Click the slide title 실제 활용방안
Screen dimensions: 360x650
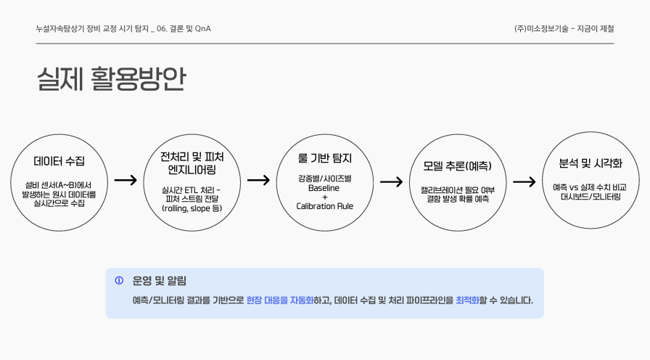pyautogui.click(x=111, y=80)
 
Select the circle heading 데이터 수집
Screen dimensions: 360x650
pyautogui.click(x=59, y=161)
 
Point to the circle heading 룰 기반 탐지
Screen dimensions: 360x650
pyautogui.click(x=325, y=157)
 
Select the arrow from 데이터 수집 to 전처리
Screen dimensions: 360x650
pyautogui.click(x=126, y=180)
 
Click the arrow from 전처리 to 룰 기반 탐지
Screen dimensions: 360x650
pyautogui.click(x=258, y=180)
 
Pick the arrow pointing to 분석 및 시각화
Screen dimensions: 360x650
pyautogui.click(x=524, y=181)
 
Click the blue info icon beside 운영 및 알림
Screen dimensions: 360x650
pyautogui.click(x=120, y=280)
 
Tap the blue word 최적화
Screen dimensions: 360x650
pyautogui.click(x=467, y=300)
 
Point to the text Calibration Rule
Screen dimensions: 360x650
pyautogui.click(x=324, y=206)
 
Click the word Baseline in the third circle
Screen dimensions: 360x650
pyautogui.click(x=324, y=187)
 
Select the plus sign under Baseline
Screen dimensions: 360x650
pyautogui.click(x=324, y=197)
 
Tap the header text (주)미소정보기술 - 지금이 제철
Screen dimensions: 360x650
pyautogui.click(x=564, y=29)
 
